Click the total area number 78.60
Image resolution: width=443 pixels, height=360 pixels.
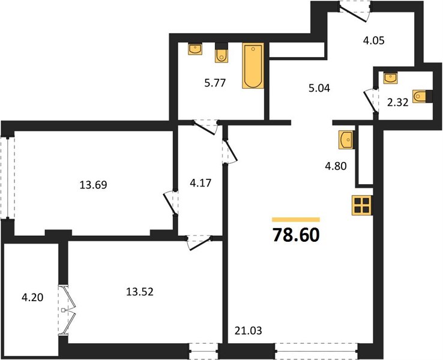(x=296, y=235)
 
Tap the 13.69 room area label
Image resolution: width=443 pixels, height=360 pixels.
(x=93, y=185)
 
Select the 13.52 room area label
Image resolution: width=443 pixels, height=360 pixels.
(x=140, y=292)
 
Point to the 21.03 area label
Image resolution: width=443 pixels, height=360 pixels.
(x=249, y=331)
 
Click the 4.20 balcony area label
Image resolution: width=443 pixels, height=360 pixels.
(x=32, y=298)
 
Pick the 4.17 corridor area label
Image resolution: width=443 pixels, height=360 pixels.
(x=200, y=183)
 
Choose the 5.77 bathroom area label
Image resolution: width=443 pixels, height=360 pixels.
(x=215, y=83)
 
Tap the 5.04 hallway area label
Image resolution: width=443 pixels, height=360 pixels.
(x=319, y=88)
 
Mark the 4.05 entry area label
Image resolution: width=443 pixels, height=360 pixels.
(x=374, y=41)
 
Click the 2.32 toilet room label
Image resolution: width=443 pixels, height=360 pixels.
(x=398, y=103)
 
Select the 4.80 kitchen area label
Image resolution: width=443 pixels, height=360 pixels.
(x=336, y=166)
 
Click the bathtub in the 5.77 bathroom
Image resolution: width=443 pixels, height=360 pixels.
(x=253, y=66)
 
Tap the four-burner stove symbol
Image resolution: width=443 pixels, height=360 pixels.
(x=362, y=205)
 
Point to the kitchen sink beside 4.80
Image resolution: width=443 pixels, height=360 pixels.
(x=347, y=139)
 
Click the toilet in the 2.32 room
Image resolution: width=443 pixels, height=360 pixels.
(x=423, y=97)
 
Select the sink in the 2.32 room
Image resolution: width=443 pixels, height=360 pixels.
(x=390, y=77)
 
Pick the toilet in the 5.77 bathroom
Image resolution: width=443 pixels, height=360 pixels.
(x=221, y=53)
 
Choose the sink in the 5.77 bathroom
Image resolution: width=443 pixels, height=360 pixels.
(x=195, y=49)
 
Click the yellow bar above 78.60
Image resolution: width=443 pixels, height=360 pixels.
(x=296, y=220)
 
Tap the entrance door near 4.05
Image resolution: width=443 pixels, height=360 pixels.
(x=355, y=11)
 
